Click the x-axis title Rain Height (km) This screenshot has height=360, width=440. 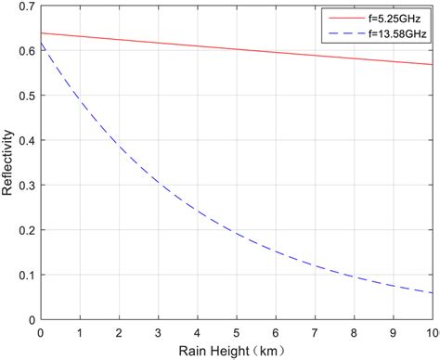[236, 350]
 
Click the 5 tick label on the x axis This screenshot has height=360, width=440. [236, 331]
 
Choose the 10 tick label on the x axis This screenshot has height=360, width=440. [431, 331]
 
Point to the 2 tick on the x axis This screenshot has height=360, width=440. [118, 331]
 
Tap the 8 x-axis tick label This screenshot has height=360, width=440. [354, 331]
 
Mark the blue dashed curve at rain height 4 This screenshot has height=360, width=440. [197, 212]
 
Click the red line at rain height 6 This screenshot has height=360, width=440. [275, 52]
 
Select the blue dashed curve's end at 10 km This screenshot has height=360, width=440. [432, 293]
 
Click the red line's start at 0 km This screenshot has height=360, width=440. [40, 34]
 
